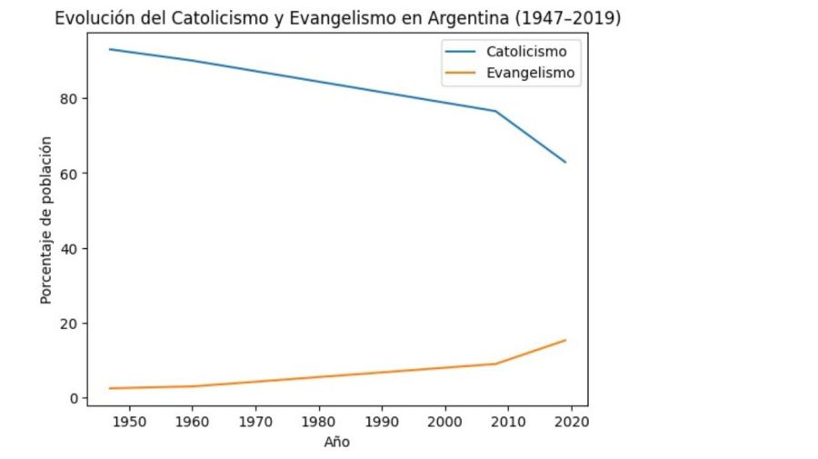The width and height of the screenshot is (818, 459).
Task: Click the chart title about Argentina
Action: point(337,18)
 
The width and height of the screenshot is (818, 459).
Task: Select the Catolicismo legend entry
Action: point(525,51)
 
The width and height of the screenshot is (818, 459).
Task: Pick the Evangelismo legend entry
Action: point(530,74)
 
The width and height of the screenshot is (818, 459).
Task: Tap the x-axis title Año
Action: point(336,443)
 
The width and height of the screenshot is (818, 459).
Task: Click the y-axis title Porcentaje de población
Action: point(46,220)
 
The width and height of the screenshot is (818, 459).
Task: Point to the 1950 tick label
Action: point(128,422)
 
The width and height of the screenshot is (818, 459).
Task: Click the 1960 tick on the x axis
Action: point(192,422)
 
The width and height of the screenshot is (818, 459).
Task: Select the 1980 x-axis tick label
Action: point(318,422)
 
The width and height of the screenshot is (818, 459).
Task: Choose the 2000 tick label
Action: point(444,422)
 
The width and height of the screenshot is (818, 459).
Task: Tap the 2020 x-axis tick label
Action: point(571,422)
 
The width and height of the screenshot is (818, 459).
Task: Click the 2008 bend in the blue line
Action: point(495,111)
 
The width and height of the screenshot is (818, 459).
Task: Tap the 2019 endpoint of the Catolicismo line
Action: point(565,162)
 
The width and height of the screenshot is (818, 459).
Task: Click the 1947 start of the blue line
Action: point(109,49)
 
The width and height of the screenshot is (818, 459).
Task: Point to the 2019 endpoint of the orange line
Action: point(565,340)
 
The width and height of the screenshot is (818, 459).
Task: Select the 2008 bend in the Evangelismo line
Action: point(495,364)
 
